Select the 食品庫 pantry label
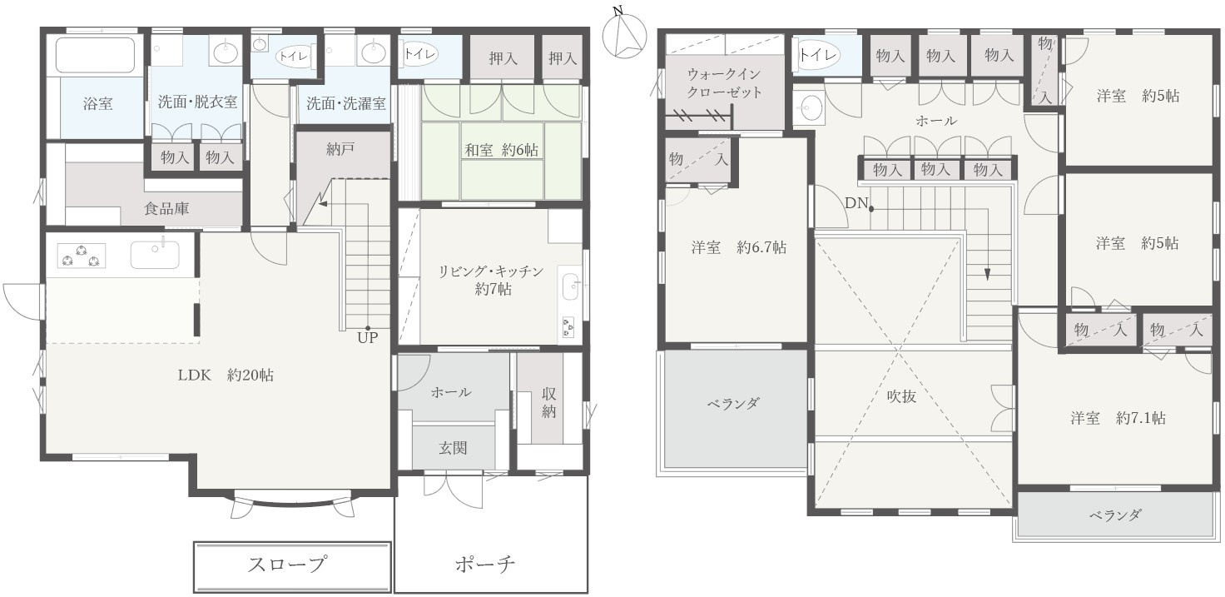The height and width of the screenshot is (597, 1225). [166, 209]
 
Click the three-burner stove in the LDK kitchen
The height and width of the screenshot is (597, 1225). [82, 254]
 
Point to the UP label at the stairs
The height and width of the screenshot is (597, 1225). [367, 338]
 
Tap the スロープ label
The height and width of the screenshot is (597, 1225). [286, 565]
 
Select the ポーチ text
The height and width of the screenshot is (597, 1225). [485, 565]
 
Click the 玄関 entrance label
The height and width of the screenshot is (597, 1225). [453, 448]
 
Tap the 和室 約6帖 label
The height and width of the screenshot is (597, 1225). [501, 150]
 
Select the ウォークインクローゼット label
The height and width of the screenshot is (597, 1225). [723, 83]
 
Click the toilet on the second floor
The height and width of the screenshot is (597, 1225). [818, 55]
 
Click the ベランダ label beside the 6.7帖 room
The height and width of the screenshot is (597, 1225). [733, 404]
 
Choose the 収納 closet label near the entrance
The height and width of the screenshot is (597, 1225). [549, 403]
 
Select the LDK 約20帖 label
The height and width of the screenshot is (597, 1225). [225, 376]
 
